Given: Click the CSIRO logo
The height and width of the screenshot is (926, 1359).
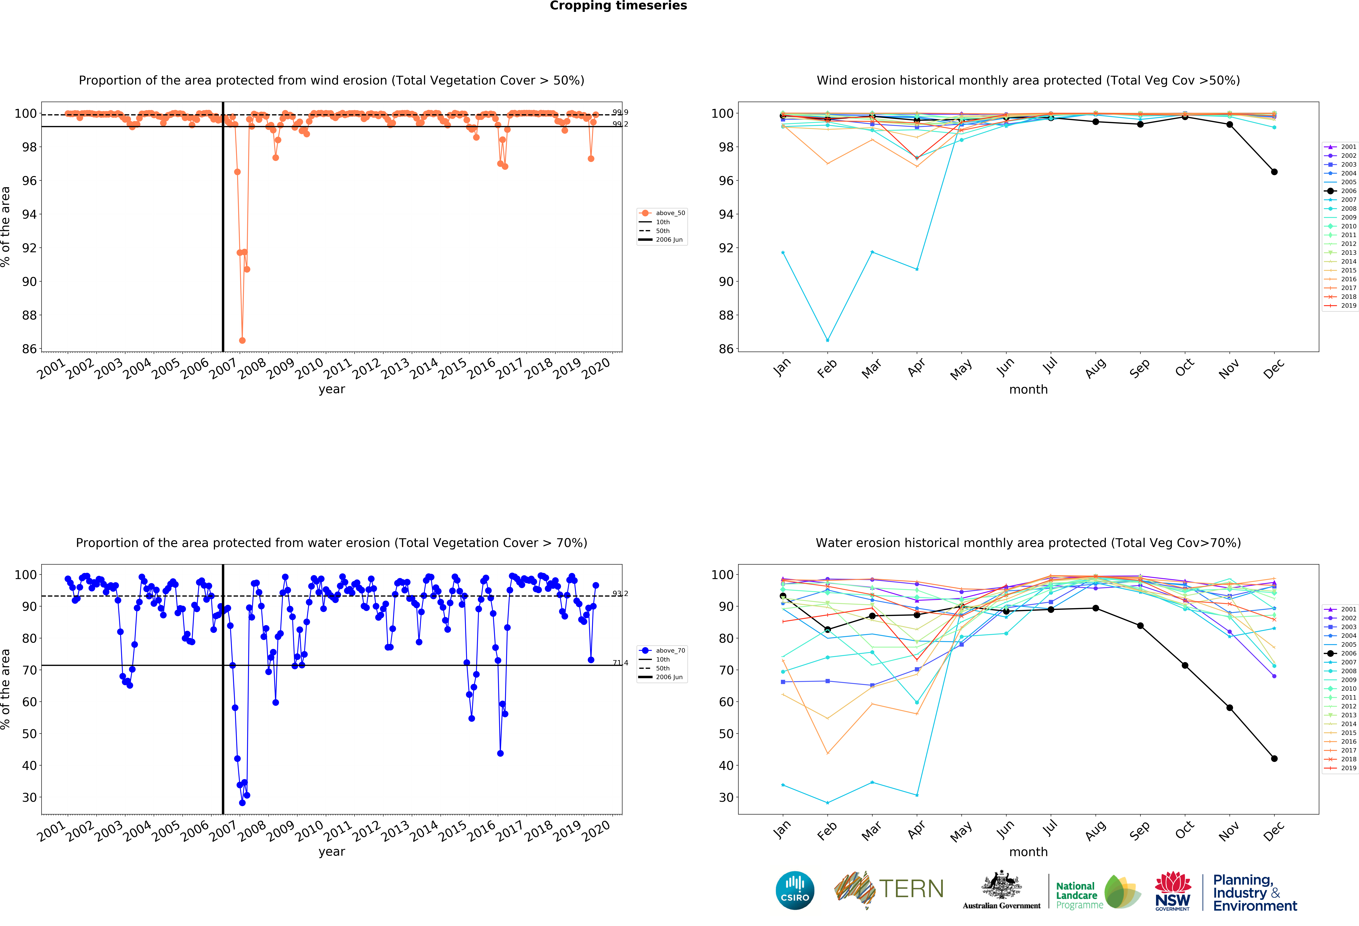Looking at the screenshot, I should click(795, 890).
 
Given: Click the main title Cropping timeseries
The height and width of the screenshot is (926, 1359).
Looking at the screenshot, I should click(618, 6).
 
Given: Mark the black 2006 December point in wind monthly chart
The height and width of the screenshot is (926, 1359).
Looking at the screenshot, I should click(1274, 172).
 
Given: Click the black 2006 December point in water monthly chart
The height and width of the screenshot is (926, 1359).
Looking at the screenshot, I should click(1274, 758).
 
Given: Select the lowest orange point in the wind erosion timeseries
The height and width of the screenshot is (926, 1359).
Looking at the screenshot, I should click(242, 340).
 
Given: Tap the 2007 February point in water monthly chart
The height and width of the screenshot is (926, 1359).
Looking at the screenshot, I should click(827, 803).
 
